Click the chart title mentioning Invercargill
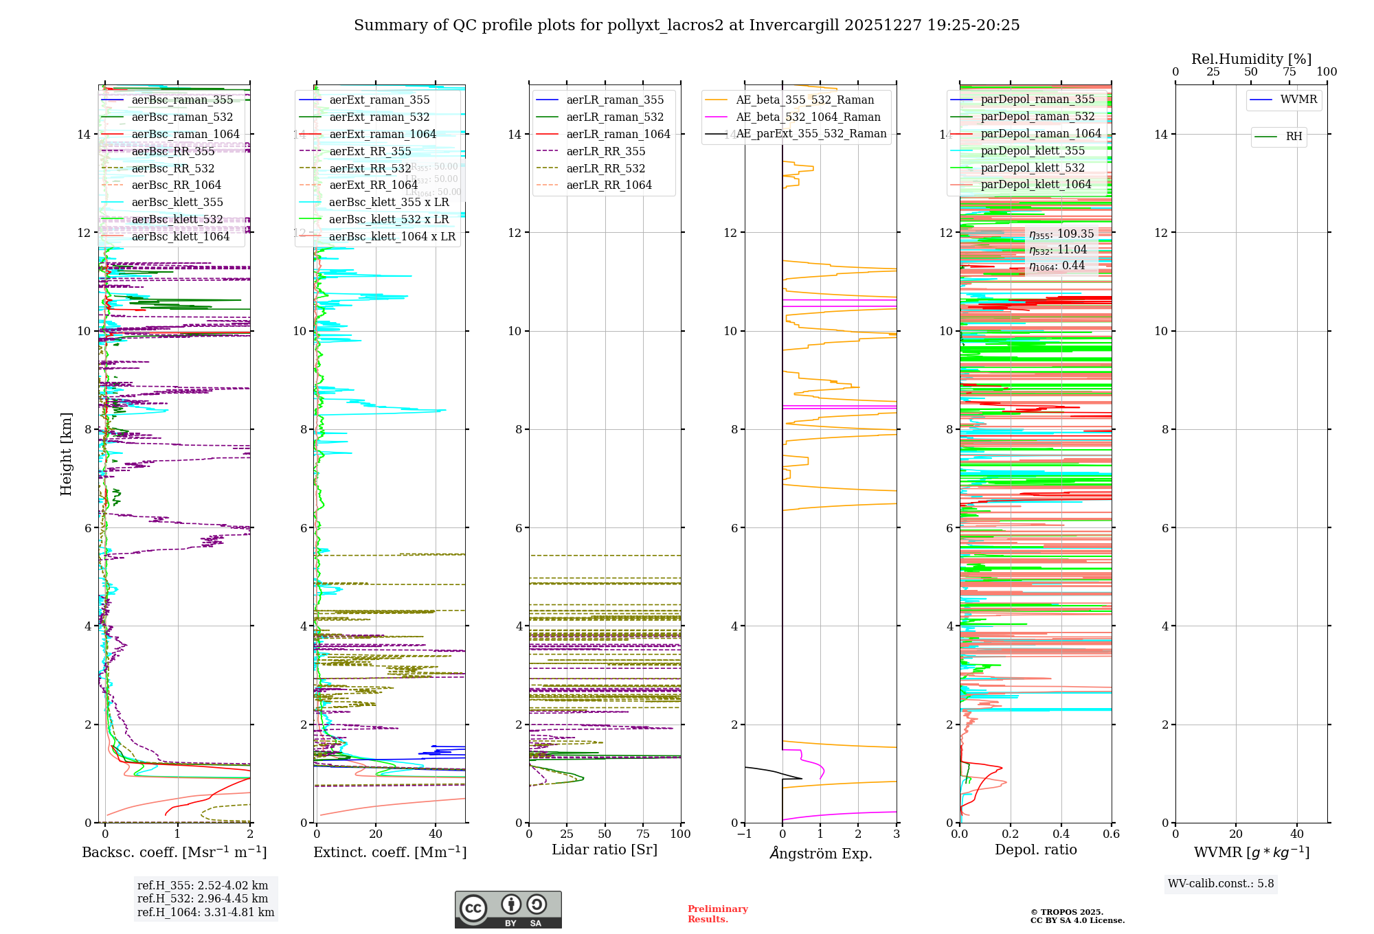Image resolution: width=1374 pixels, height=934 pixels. click(x=686, y=25)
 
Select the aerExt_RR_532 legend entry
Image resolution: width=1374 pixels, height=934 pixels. click(x=370, y=168)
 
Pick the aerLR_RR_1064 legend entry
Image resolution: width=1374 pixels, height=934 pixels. click(x=609, y=185)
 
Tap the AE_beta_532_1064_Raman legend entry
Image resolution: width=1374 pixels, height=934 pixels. click(x=808, y=117)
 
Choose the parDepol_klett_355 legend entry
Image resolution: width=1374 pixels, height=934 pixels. click(x=1033, y=150)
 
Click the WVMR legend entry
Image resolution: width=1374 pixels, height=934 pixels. click(x=1298, y=100)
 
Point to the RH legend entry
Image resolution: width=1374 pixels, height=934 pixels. click(x=1294, y=137)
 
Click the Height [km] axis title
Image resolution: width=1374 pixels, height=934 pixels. click(x=66, y=453)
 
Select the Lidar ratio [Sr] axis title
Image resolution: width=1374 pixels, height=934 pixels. click(x=605, y=850)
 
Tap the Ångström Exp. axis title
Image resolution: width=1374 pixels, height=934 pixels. click(x=821, y=853)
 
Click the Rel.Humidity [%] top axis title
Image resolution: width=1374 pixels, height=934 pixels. click(x=1251, y=59)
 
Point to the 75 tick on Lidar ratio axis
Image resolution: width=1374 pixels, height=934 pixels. click(x=643, y=834)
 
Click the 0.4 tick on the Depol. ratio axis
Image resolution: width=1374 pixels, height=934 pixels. click(x=1061, y=834)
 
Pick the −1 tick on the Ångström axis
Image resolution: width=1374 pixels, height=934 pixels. click(x=745, y=834)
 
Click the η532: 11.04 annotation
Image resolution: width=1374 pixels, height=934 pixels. click(x=1058, y=250)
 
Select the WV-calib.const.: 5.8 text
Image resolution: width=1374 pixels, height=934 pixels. click(x=1221, y=884)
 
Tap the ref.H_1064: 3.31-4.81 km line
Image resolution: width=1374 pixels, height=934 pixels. click(x=205, y=913)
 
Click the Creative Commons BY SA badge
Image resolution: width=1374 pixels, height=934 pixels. click(x=508, y=909)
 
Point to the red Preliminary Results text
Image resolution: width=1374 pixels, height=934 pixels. click(x=717, y=914)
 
